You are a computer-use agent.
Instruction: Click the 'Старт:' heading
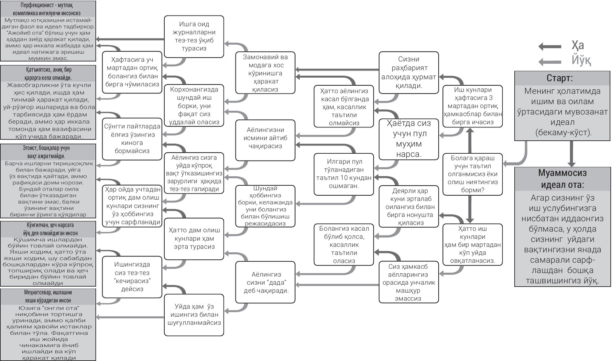click(x=562, y=79)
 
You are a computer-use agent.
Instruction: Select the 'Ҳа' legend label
click(x=577, y=46)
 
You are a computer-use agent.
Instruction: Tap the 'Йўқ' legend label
click(x=581, y=60)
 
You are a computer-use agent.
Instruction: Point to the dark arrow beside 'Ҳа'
click(x=550, y=47)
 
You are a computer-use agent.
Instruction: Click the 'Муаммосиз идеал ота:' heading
click(x=562, y=179)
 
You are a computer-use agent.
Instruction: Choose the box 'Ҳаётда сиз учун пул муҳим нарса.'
click(x=409, y=139)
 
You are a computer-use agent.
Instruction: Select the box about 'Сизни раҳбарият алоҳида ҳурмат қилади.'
click(x=409, y=72)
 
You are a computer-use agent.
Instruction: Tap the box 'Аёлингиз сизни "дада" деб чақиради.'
click(x=265, y=282)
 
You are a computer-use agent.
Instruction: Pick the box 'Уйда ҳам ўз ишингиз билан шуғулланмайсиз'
click(x=194, y=314)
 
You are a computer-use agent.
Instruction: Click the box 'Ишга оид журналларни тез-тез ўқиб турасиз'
click(x=194, y=36)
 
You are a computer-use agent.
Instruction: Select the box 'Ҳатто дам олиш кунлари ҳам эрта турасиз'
click(x=194, y=239)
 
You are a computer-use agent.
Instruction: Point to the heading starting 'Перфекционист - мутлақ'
click(x=48, y=9)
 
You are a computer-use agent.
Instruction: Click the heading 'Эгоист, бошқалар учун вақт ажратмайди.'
click(x=48, y=152)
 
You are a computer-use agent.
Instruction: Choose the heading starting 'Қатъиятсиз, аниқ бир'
click(x=48, y=74)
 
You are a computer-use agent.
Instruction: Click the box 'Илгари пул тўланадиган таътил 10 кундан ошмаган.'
click(x=344, y=174)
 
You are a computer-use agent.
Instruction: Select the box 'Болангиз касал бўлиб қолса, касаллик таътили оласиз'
click(x=344, y=244)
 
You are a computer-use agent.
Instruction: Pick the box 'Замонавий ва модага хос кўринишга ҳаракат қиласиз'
click(x=265, y=73)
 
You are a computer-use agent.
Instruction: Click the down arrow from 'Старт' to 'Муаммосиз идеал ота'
click(x=571, y=154)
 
